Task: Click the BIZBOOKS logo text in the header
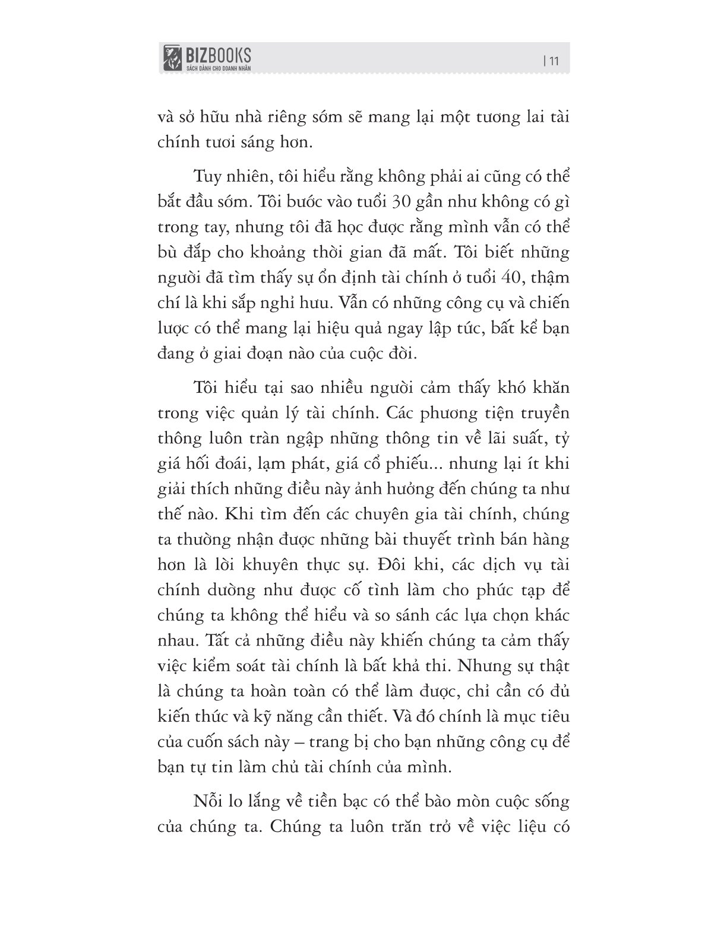(x=216, y=55)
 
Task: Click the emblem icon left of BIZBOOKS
(x=172, y=58)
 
